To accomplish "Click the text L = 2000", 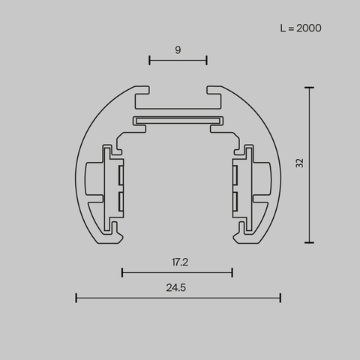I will point(300,28).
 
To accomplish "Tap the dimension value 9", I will point(178,49).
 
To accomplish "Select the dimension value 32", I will point(299,163).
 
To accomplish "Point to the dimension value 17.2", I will point(178,262).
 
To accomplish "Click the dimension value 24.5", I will point(178,286).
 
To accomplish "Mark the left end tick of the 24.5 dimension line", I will point(76,298).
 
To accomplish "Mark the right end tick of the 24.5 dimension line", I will point(280,298).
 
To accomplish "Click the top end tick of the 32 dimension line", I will point(309,87).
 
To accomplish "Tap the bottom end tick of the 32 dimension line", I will point(309,242).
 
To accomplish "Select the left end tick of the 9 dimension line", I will point(149,60).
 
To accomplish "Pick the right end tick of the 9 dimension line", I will point(206,60).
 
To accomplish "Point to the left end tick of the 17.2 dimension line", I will point(122,272).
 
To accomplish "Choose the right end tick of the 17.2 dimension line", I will point(232,272).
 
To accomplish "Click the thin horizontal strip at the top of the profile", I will point(178,120).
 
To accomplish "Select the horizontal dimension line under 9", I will point(178,60).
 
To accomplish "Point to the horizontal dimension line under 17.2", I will point(178,272).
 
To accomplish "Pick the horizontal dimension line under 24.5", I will point(178,298).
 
